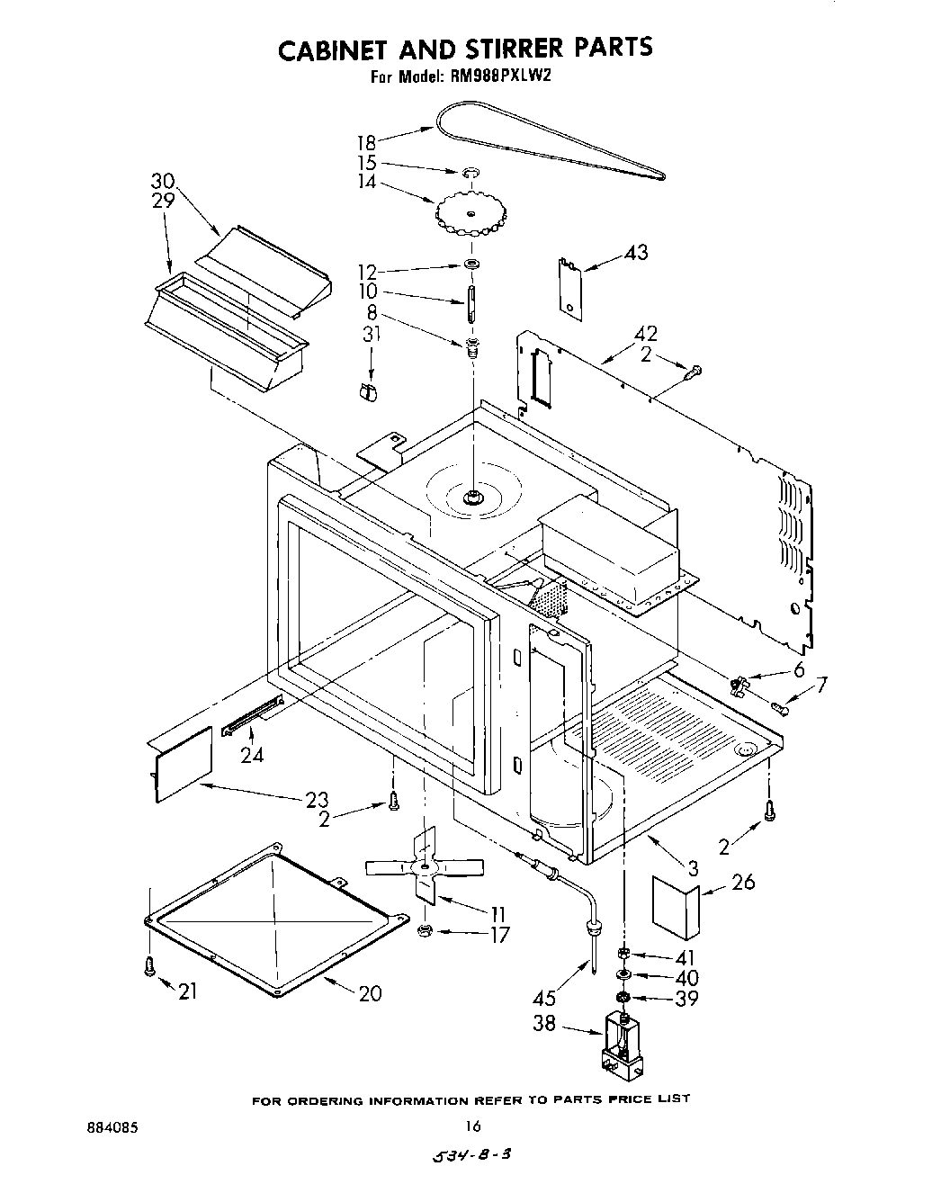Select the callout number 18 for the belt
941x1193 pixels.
coord(366,142)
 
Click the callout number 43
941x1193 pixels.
coord(635,253)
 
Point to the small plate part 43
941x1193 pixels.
coord(568,286)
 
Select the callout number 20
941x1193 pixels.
coord(370,992)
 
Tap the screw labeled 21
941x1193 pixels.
coord(149,965)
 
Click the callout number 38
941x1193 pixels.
coord(544,1024)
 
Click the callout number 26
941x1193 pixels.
coord(743,882)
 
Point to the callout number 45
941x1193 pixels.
coord(544,998)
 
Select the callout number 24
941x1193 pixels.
coord(253,755)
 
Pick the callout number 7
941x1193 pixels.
coord(820,686)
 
